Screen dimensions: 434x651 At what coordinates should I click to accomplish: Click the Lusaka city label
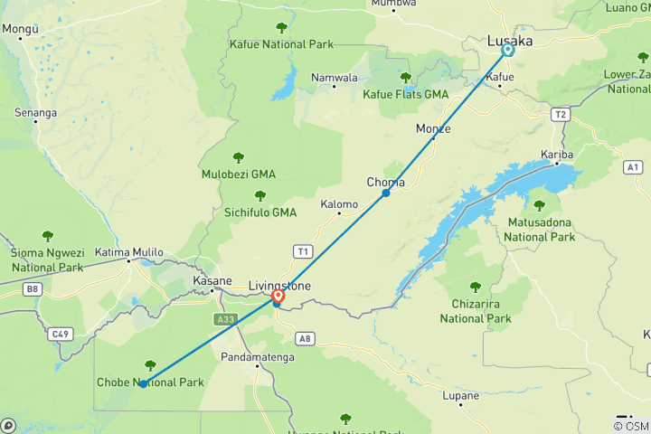point(510,41)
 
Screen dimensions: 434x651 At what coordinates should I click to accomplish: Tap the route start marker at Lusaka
point(508,52)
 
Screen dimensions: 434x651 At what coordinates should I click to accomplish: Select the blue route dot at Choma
point(386,193)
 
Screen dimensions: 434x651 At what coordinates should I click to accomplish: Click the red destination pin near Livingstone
point(278,295)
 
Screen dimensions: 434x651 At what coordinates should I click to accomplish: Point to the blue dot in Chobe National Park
point(144,384)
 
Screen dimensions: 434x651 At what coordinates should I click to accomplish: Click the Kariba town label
point(557,154)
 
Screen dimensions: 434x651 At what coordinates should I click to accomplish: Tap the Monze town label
point(433,128)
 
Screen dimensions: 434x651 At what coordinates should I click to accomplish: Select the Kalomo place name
point(340,204)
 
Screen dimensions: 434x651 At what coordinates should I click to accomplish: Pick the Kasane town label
point(213,281)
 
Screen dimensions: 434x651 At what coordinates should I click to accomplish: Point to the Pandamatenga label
point(256,357)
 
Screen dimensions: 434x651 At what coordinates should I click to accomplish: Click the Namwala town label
point(335,78)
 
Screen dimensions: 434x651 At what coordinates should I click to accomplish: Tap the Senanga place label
point(36,113)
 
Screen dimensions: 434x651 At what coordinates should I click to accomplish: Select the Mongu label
point(20,28)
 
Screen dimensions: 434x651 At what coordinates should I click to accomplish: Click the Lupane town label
point(461,396)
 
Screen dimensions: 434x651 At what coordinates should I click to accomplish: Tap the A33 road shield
point(226,319)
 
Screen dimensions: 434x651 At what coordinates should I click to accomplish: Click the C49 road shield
point(61,335)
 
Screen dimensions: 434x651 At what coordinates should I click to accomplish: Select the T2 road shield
point(561,114)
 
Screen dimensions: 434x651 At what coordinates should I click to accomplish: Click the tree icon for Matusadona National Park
point(540,206)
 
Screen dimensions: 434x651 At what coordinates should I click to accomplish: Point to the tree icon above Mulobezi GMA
point(239,158)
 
